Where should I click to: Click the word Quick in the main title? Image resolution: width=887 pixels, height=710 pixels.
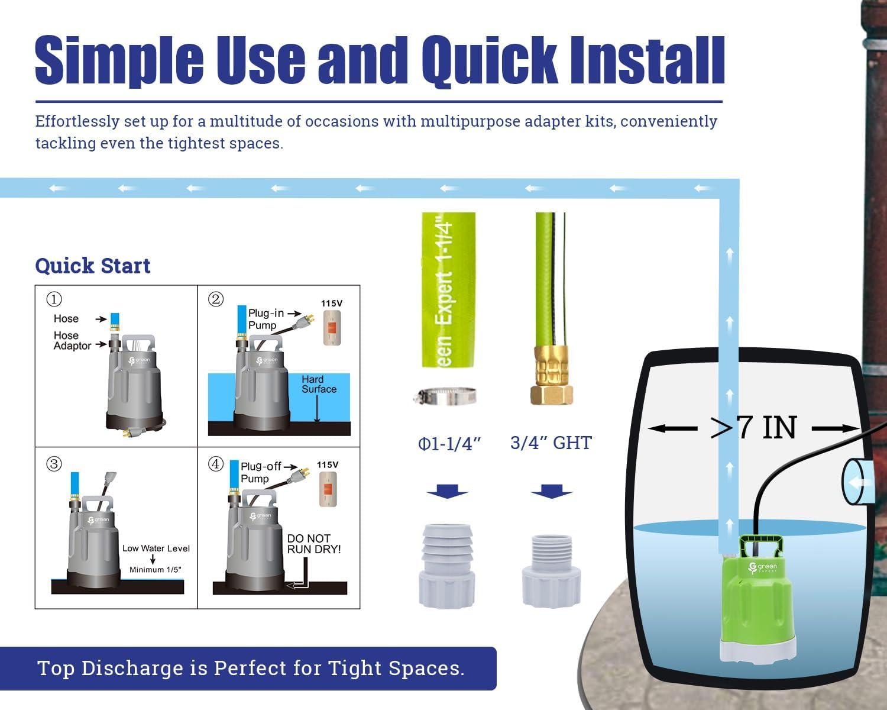490,61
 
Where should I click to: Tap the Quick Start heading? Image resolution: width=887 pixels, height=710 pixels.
93,265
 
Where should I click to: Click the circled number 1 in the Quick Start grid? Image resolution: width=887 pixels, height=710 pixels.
54,299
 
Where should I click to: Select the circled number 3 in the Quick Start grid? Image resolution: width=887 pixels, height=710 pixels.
54,464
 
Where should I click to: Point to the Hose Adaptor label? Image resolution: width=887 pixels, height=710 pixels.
72,340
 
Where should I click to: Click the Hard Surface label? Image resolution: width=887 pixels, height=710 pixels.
319,384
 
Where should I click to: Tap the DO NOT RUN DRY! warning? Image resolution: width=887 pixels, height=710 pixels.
314,544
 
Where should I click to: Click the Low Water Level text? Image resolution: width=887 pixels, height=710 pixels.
156,548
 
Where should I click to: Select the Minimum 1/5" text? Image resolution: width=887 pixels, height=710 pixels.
156,570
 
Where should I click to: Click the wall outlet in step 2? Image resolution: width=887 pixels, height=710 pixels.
332,328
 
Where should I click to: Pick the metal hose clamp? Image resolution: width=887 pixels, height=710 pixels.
445,396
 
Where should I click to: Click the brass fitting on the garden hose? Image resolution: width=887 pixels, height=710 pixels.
552,375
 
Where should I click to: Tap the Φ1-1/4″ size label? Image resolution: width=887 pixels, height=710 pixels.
449,444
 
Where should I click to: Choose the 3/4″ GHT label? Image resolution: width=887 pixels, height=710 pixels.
551,443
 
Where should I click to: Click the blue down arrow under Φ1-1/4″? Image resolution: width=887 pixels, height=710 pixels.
447,491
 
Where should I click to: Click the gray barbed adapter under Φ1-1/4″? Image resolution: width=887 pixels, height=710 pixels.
447,566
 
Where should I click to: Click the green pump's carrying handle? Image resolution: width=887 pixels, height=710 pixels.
760,546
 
